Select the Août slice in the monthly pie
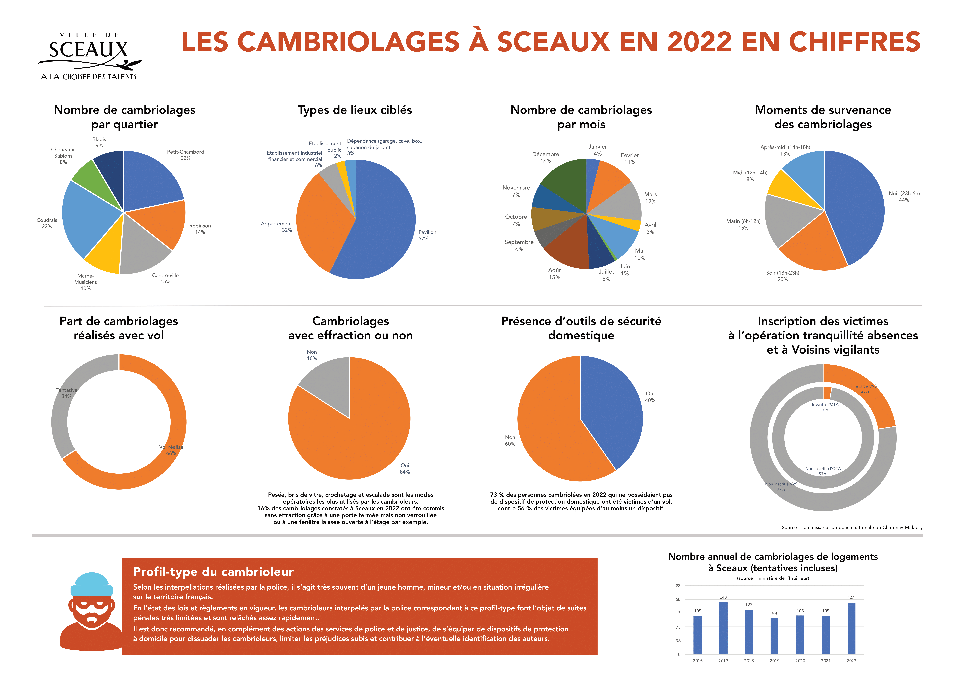567,246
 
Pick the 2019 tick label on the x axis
774,660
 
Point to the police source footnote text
852,527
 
